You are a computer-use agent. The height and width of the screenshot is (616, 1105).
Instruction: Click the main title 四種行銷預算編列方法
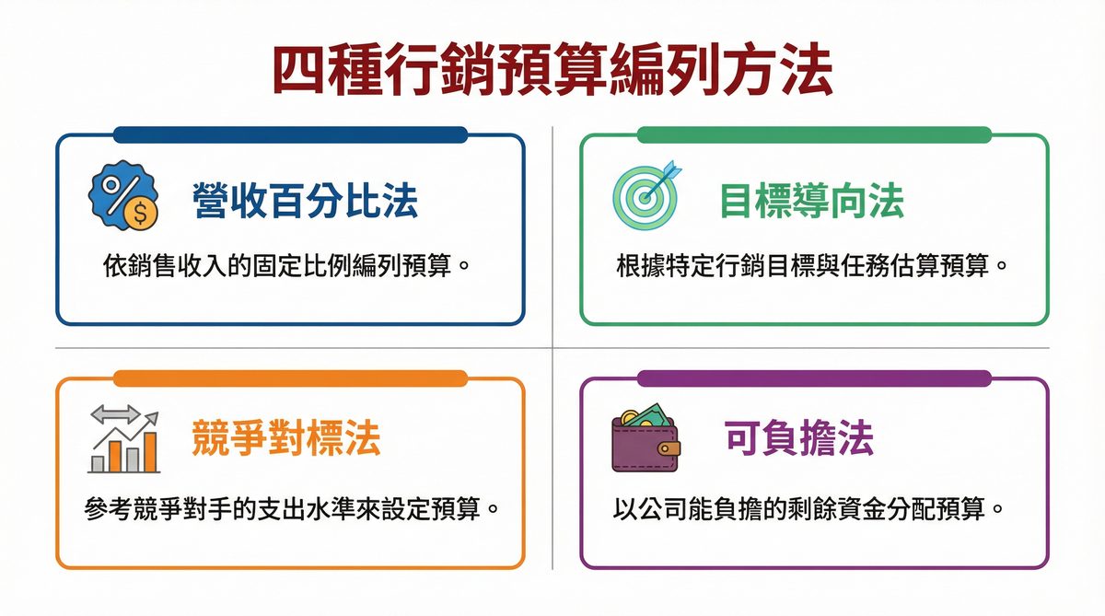(x=552, y=71)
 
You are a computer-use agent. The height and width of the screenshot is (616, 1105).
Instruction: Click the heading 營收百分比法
(x=305, y=200)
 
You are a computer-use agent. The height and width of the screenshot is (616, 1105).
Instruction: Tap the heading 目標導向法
(x=811, y=200)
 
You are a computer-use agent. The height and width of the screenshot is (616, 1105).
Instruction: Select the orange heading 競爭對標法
(x=285, y=439)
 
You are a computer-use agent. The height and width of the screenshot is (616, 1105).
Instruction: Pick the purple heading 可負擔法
(x=798, y=439)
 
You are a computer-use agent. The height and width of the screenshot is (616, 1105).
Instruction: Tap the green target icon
(x=644, y=197)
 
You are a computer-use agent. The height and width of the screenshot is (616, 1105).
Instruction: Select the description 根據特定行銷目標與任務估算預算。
(x=812, y=267)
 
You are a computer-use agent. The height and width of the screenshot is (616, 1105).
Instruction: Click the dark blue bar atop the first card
(x=290, y=134)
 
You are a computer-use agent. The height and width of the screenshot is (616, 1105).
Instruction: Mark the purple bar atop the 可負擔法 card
(x=813, y=378)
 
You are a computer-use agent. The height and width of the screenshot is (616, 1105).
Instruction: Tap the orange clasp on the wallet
(x=669, y=448)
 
